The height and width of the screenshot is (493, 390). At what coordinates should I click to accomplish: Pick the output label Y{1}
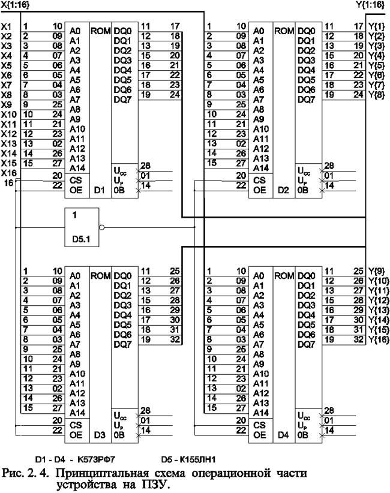click(377, 26)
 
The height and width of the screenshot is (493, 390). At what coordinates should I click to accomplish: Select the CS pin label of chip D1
click(75, 179)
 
